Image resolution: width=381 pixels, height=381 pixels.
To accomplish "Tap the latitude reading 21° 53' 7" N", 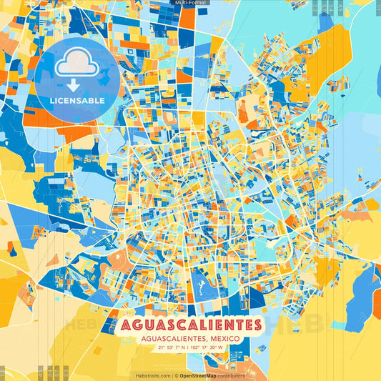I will click(169, 348).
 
